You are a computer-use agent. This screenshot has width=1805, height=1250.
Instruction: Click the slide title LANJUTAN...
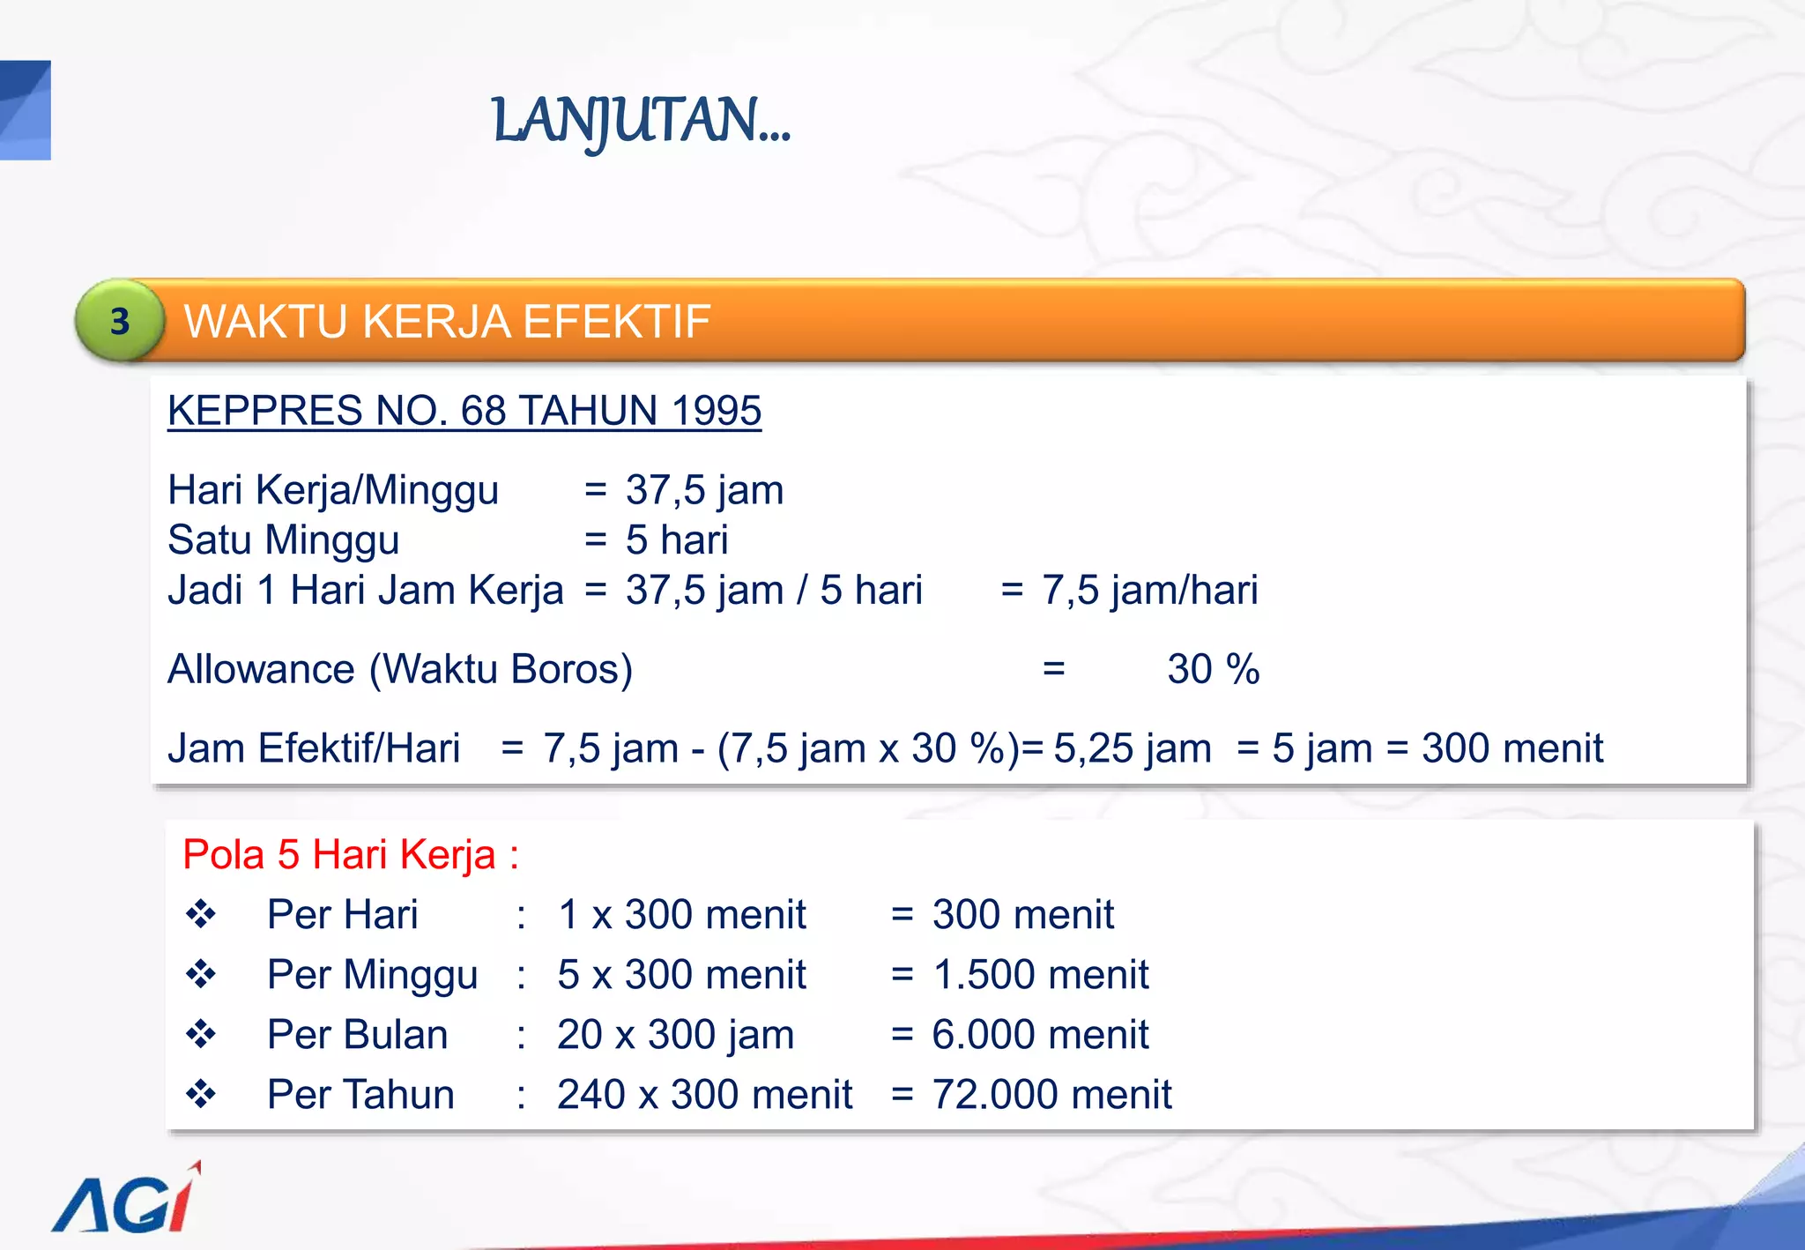click(641, 121)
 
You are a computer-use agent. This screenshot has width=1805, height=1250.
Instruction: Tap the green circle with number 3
click(120, 321)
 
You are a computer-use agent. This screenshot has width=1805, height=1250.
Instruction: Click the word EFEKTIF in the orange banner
click(616, 321)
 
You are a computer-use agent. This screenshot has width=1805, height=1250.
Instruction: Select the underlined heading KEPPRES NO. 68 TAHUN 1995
click(464, 411)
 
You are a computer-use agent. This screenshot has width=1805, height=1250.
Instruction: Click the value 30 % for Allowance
click(1213, 669)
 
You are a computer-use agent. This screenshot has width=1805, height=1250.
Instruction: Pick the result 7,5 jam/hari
click(1149, 590)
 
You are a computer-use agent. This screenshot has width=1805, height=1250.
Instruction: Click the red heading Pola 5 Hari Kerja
click(350, 854)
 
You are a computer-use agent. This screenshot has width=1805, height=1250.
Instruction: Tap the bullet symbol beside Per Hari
click(201, 914)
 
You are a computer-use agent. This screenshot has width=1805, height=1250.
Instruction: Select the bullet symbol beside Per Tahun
click(201, 1094)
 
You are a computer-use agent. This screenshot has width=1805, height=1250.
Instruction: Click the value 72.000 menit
click(1051, 1094)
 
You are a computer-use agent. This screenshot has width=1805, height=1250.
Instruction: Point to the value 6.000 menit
click(1040, 1034)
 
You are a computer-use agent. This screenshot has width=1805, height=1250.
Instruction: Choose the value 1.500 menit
click(1040, 974)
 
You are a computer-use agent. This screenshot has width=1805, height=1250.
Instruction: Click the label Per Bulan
click(357, 1034)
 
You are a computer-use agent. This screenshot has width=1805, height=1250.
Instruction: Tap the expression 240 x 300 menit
click(704, 1094)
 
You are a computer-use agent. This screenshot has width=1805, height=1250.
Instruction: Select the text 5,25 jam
click(1132, 748)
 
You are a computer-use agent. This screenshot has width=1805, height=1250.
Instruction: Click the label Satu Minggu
click(284, 539)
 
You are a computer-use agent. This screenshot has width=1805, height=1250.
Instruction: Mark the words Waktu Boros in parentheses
click(501, 669)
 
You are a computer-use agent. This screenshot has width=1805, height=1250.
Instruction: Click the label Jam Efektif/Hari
click(314, 748)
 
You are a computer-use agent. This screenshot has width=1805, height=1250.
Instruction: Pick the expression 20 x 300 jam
click(675, 1034)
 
